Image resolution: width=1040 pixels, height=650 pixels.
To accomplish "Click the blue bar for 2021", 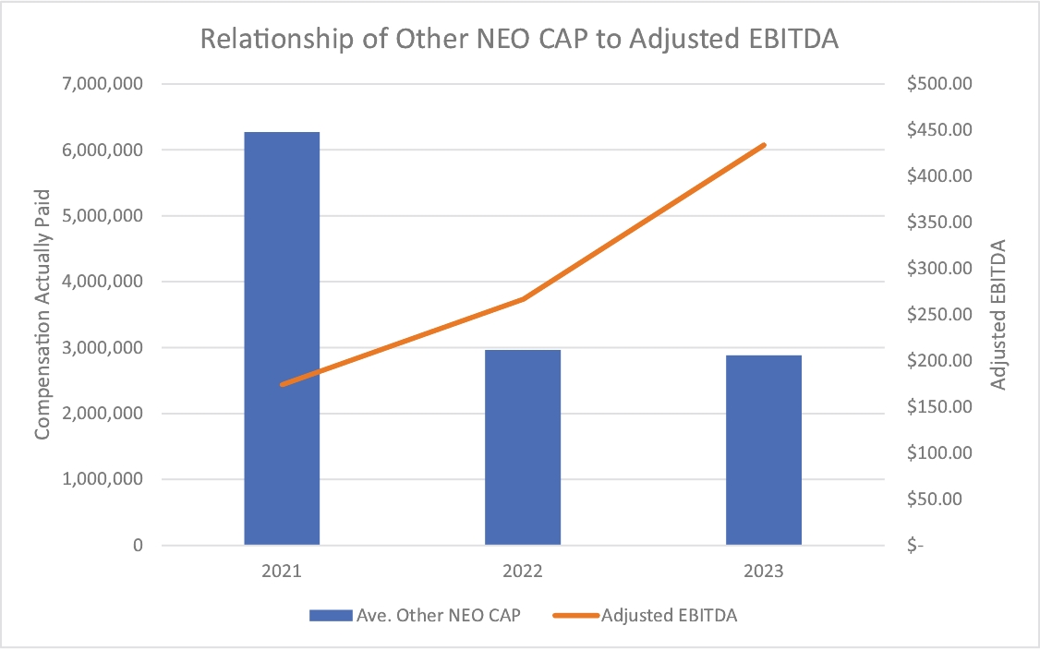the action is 282,338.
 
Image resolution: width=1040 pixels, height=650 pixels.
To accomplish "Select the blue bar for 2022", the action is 523,447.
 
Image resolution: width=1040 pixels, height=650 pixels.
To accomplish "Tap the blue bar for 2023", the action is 764,451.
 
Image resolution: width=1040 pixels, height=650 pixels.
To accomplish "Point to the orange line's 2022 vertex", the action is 523,299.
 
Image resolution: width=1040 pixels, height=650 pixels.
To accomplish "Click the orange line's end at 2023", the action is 764,145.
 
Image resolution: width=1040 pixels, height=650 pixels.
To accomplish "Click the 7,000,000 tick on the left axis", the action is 103,84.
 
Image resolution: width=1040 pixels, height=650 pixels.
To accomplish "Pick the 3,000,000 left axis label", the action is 103,347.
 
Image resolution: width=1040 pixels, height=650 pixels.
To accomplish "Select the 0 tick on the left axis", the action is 138,545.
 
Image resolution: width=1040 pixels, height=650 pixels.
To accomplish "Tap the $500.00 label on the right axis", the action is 939,84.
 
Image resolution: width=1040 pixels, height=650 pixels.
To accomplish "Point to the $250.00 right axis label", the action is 939,315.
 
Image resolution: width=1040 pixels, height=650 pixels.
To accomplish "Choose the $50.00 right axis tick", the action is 934,499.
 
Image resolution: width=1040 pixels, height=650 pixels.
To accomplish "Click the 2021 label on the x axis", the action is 282,572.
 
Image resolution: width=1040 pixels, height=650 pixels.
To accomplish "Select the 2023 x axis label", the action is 764,572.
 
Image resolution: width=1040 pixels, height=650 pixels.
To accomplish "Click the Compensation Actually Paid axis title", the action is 42,315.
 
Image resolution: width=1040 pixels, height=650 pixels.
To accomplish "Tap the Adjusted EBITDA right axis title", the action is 998,315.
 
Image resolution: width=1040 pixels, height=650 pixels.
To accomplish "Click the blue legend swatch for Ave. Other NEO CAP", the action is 331,616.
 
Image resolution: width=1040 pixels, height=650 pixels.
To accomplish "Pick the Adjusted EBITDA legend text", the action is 670,616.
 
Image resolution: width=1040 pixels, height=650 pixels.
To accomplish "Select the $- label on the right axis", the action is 915,545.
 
